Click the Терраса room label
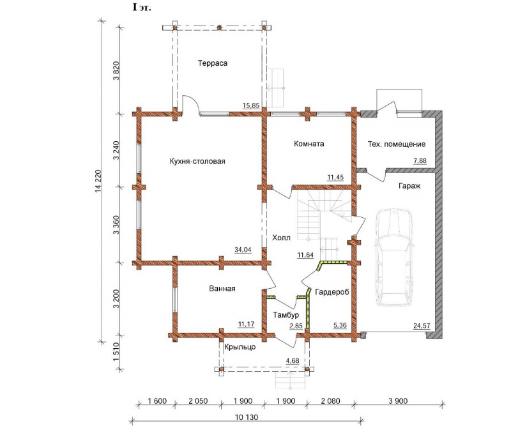pos(213,63)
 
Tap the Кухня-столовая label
pos(197,162)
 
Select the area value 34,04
pos(243,250)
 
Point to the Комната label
pos(309,144)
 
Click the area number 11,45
pos(335,178)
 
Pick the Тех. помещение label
pos(397,144)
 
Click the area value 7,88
pos(420,160)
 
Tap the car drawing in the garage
pos(393,257)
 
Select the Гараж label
pos(409,186)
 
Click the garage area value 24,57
pos(422,326)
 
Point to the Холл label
pos(281,238)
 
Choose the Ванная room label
pos(222,289)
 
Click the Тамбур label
pos(286,315)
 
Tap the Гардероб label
pos(332,292)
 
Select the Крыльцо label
pos(240,347)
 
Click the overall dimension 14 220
pos(99,181)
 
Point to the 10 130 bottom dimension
pos(247,417)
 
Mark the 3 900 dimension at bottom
pos(398,401)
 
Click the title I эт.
pos(142,8)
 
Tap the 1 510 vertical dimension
pos(116,352)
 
